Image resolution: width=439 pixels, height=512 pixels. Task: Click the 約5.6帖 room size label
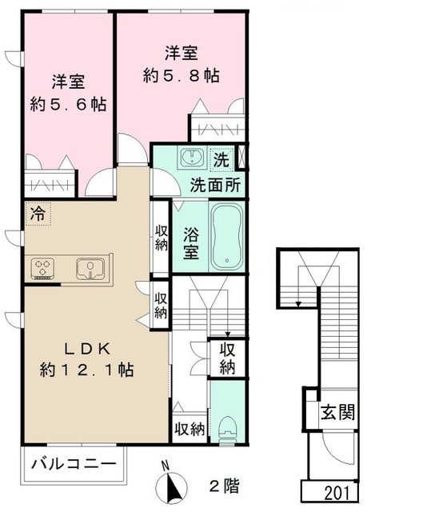(69, 105)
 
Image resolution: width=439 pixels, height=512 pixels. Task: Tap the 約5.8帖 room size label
(182, 77)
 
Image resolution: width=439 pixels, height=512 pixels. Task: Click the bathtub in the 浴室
(227, 235)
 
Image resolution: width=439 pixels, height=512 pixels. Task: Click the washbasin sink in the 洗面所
(191, 158)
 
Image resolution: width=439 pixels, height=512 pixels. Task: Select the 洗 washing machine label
(221, 158)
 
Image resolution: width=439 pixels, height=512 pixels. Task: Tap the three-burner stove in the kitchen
(43, 266)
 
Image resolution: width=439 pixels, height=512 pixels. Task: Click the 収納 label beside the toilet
(190, 429)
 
